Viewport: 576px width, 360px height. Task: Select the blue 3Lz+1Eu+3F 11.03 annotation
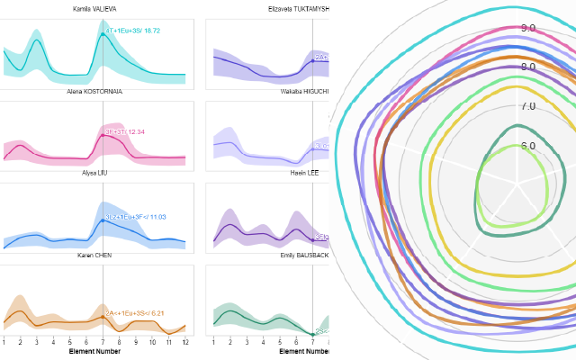(x=135, y=217)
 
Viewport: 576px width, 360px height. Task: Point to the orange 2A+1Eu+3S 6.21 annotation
(x=135, y=313)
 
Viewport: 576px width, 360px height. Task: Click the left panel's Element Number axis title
(x=94, y=352)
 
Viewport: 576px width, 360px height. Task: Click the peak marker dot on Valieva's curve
(x=103, y=34)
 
